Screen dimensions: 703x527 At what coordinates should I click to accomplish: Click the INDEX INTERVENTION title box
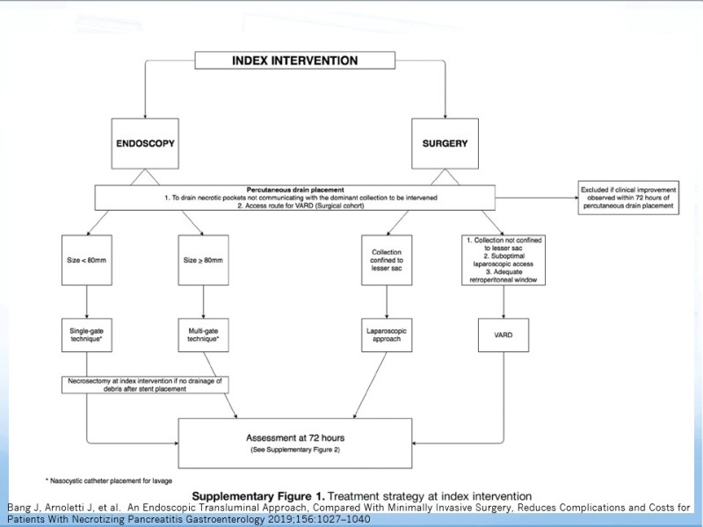(x=295, y=61)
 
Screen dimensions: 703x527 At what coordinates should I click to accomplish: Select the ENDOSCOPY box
(x=145, y=143)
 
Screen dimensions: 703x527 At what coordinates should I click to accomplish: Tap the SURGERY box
(x=445, y=143)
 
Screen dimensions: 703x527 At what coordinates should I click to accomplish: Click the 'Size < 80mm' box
(x=87, y=260)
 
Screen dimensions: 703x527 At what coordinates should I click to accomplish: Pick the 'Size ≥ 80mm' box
(x=203, y=260)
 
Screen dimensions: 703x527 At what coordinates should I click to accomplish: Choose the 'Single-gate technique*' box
(x=87, y=336)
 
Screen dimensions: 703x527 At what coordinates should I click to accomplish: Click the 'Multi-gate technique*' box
(x=203, y=336)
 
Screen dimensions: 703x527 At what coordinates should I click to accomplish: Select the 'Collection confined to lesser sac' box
(x=387, y=260)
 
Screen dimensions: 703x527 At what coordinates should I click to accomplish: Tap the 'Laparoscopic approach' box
(x=387, y=336)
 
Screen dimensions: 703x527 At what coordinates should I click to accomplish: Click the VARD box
(x=504, y=336)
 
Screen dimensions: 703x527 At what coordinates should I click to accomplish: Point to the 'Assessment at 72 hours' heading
(x=295, y=437)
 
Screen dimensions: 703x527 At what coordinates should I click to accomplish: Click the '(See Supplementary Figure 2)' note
(x=295, y=450)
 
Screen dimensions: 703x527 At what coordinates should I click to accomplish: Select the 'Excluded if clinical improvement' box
(x=628, y=198)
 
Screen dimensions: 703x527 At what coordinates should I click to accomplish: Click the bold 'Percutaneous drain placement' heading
(x=295, y=190)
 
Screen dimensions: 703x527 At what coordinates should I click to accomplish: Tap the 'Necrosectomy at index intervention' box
(x=145, y=385)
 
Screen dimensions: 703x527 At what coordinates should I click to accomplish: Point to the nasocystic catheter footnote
(x=108, y=480)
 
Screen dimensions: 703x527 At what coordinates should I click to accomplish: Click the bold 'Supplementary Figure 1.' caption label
(x=258, y=496)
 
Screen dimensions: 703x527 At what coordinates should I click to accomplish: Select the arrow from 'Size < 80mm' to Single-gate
(x=87, y=301)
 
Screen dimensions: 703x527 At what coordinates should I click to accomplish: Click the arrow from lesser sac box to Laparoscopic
(x=387, y=301)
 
